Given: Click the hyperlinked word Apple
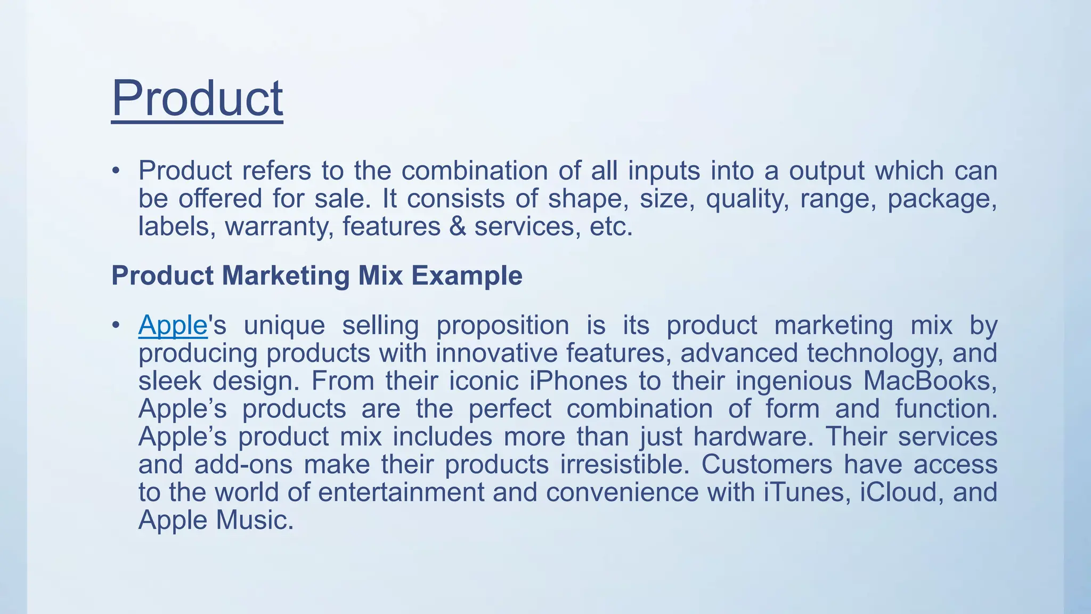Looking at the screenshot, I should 172,325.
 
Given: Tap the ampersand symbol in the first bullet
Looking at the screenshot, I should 457,227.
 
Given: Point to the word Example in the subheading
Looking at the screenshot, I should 467,276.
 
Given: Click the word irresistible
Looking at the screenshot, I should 624,464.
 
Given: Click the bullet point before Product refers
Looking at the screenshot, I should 116,171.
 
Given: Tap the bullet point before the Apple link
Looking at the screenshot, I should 116,325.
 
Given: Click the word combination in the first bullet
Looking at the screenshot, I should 474,171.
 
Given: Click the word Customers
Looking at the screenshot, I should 766,464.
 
